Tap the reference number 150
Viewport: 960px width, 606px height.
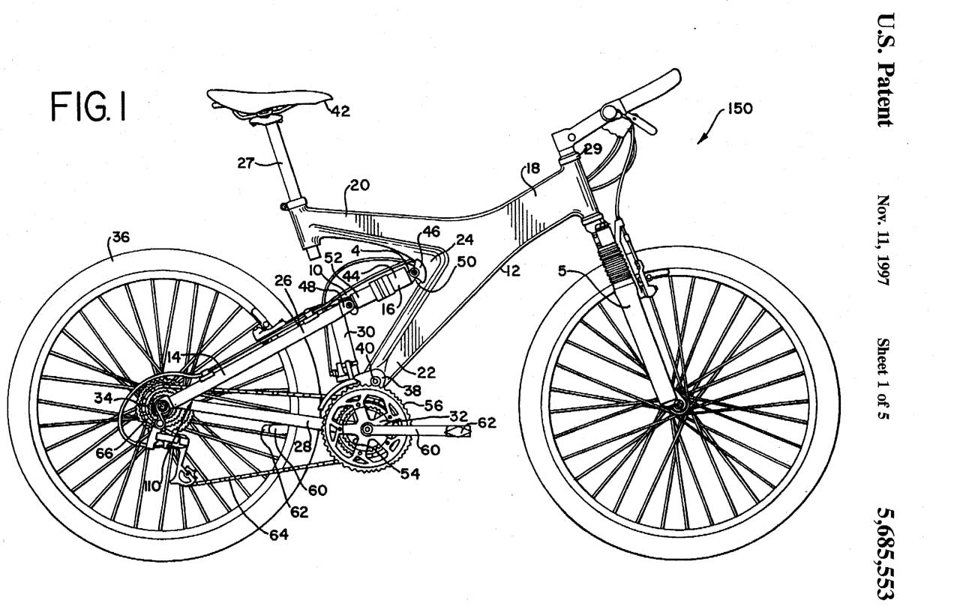[x=739, y=108]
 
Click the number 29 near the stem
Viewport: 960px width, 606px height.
[x=592, y=150]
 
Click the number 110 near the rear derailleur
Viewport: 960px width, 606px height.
[x=153, y=487]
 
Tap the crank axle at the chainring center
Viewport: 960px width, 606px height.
[x=367, y=429]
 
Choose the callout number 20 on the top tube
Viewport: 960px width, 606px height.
[x=359, y=186]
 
